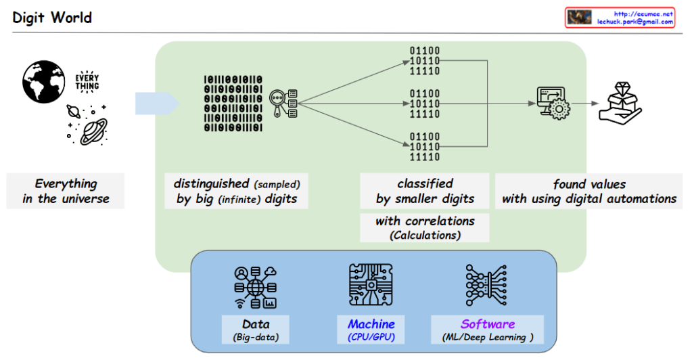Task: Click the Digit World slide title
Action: [52, 17]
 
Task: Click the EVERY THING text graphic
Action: [87, 82]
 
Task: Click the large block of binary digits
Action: [233, 103]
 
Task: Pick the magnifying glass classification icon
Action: [284, 104]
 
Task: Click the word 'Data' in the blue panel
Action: [256, 323]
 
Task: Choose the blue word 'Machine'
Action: [371, 323]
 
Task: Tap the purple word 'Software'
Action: [488, 323]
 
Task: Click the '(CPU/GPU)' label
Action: [371, 337]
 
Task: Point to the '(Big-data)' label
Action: [256, 337]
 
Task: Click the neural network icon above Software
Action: [487, 286]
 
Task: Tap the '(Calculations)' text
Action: [425, 235]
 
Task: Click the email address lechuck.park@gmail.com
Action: [635, 22]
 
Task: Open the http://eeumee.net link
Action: [643, 13]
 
